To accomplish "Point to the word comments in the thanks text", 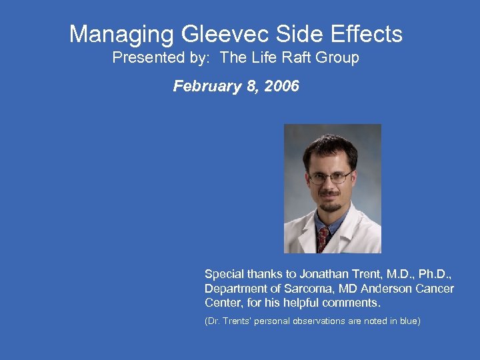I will (351, 303).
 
